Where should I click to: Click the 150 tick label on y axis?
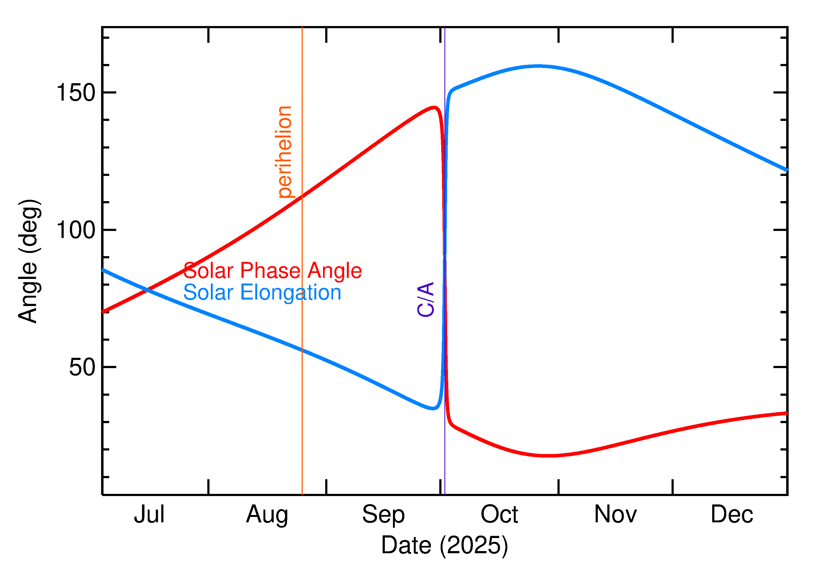click(x=76, y=93)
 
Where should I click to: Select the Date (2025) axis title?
click(x=445, y=545)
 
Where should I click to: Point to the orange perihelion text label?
click(x=284, y=152)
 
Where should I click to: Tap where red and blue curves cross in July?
click(x=147, y=290)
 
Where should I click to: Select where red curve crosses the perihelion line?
click(x=302, y=197)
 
